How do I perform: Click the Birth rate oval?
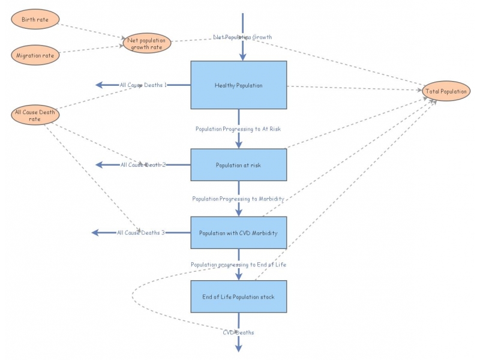click(x=35, y=20)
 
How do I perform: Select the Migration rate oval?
click(x=35, y=55)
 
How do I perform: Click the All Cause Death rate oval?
click(x=35, y=115)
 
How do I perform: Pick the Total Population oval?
click(x=445, y=91)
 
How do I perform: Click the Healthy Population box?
click(x=239, y=85)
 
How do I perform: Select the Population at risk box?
click(x=239, y=164)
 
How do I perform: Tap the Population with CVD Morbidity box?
click(x=239, y=233)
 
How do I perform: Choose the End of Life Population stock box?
click(x=239, y=296)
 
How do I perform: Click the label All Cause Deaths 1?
click(x=143, y=85)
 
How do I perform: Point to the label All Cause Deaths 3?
click(x=140, y=233)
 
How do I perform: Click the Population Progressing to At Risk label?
click(x=238, y=128)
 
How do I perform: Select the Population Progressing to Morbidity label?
click(x=238, y=198)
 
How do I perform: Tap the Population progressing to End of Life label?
click(x=238, y=264)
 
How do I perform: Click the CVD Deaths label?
click(x=238, y=332)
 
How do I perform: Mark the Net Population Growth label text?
click(x=242, y=37)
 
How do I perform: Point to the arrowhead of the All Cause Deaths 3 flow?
click(x=95, y=233)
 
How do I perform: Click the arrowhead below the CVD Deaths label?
click(x=239, y=347)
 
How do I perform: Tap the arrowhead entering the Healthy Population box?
click(x=242, y=58)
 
